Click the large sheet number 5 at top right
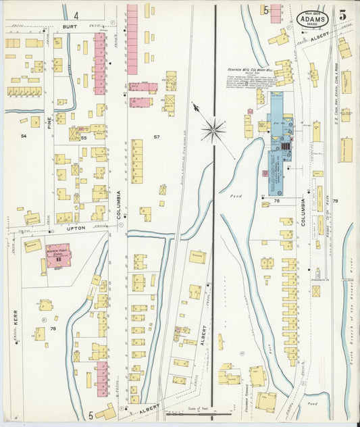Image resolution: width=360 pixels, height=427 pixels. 343,15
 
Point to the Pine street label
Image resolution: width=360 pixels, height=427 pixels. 49,122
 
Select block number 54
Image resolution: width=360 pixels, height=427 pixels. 24,136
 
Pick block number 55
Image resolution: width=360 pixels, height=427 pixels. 84,138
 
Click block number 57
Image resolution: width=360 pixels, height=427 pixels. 156,137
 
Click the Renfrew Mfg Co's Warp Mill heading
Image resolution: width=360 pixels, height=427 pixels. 249,68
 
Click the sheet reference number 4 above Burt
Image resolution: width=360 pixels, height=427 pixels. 76,14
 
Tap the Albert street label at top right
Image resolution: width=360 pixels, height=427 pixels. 322,39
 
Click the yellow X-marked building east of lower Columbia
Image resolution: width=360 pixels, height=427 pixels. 316,291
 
